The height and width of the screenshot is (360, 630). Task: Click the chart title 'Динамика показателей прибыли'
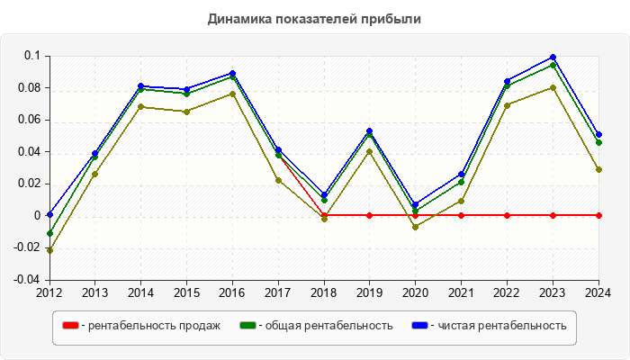tap(314, 18)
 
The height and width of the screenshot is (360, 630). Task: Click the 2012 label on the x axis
tap(49, 292)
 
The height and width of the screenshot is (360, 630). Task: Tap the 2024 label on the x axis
tap(598, 292)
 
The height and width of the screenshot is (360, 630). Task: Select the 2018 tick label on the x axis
tap(324, 292)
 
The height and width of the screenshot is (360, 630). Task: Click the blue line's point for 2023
tap(553, 58)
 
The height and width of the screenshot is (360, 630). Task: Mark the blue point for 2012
tap(49, 214)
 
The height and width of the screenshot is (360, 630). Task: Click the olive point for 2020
tap(415, 227)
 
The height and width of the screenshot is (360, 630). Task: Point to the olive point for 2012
tap(49, 250)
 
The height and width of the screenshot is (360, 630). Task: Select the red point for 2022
tap(507, 215)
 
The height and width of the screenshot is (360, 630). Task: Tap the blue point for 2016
tap(232, 73)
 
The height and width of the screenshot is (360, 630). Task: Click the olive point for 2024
tap(598, 169)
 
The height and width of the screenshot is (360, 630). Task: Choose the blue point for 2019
tap(369, 130)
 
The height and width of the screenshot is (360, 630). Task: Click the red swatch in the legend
tap(69, 325)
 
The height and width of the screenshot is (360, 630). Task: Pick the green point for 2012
tap(49, 233)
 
